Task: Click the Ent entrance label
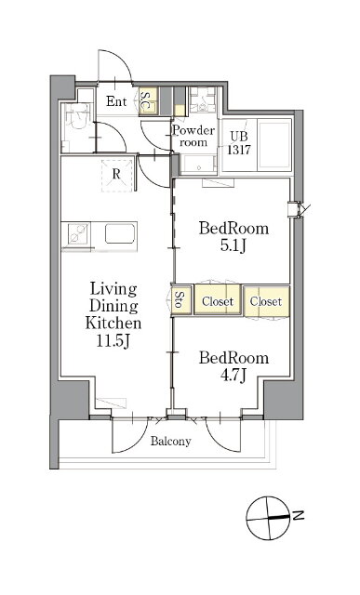[116, 101]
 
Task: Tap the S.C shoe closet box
[148, 101]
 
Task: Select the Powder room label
[193, 136]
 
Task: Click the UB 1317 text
[239, 143]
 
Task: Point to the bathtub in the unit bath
[274, 145]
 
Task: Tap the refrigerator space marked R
[116, 176]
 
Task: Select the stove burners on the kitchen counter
[79, 233]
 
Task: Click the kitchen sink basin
[120, 233]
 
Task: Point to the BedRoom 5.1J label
[233, 237]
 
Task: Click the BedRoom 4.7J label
[233, 366]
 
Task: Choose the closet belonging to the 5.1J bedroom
[218, 299]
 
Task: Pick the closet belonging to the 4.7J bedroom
[266, 301]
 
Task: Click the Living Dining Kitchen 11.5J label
[113, 315]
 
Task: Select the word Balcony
[170, 442]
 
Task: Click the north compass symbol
[268, 518]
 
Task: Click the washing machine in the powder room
[203, 100]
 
